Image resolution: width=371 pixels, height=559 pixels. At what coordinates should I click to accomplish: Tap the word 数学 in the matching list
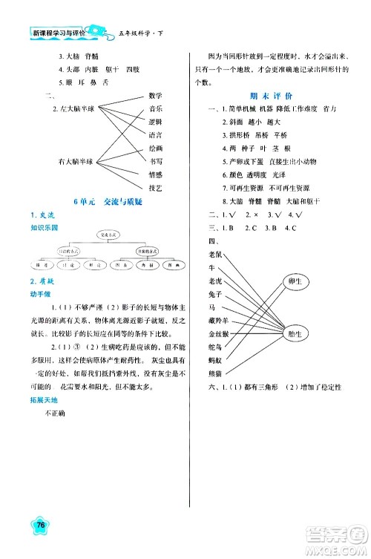point(155,96)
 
